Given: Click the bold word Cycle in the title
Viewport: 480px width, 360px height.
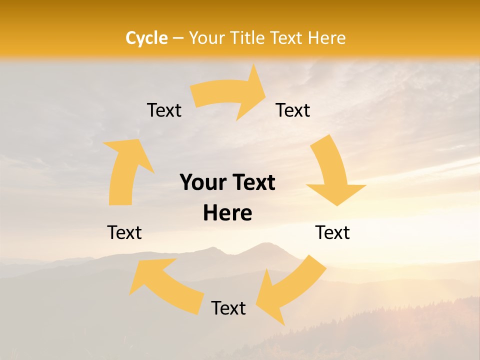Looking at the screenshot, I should (146, 38).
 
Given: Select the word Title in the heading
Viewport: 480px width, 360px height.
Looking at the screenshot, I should (248, 38).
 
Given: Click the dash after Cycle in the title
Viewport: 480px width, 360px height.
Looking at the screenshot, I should (178, 38).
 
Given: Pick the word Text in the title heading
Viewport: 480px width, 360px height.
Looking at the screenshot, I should (288, 38).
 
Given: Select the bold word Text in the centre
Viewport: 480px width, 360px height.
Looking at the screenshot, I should (252, 182).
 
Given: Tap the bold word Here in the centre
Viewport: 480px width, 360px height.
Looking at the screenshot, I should (227, 213).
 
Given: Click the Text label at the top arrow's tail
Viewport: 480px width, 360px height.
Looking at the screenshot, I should (164, 110).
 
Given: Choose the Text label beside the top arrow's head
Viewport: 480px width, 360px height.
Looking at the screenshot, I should (293, 110).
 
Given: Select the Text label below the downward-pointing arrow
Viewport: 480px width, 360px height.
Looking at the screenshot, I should (332, 232).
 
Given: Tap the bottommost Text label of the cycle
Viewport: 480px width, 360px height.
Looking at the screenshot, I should (228, 308).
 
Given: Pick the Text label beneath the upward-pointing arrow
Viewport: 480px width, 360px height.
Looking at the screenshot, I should (124, 232).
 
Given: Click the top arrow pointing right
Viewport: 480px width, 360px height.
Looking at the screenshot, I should (230, 97).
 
